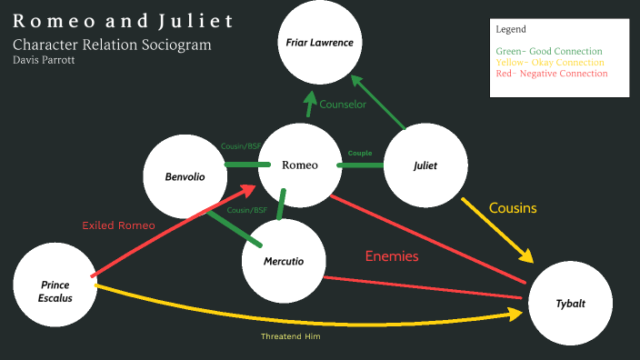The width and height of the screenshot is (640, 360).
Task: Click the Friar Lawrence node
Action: click(320, 43)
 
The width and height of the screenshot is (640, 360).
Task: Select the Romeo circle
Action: click(300, 165)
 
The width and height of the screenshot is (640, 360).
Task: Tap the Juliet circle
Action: click(425, 165)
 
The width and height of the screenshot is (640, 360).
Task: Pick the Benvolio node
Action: click(185, 175)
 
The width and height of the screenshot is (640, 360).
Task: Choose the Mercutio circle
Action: click(284, 262)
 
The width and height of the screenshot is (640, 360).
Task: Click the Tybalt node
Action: click(571, 303)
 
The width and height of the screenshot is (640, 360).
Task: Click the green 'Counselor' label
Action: click(343, 105)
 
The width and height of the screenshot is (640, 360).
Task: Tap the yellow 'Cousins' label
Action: click(513, 208)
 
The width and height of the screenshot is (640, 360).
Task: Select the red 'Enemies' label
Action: click(392, 256)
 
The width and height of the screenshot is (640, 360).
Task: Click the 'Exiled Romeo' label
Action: click(118, 225)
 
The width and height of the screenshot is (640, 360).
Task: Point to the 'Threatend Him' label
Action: click(291, 336)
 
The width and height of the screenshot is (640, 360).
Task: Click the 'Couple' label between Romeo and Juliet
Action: click(360, 153)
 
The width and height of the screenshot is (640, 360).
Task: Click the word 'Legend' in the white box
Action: click(511, 29)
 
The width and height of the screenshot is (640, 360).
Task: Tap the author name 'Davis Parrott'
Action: click(43, 60)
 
